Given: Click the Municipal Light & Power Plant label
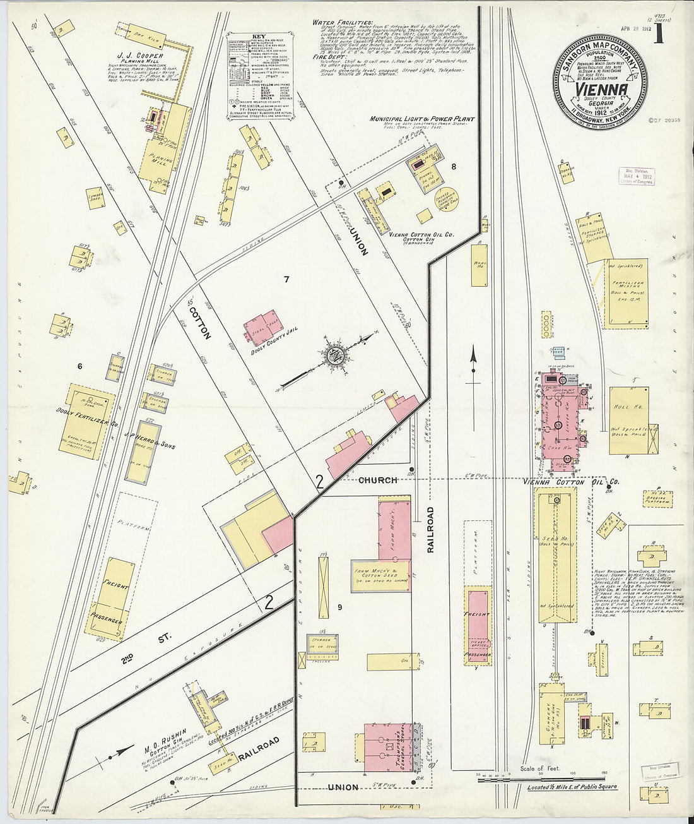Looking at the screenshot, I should click(x=422, y=119).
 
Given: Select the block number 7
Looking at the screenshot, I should click(x=286, y=279).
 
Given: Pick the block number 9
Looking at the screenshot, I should click(x=339, y=607).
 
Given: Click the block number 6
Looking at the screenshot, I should click(x=79, y=366).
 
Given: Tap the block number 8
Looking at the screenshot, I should click(x=453, y=167).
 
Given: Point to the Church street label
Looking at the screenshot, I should click(x=378, y=480).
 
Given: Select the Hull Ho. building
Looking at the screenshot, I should click(x=628, y=421).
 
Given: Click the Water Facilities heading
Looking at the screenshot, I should click(x=342, y=23).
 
